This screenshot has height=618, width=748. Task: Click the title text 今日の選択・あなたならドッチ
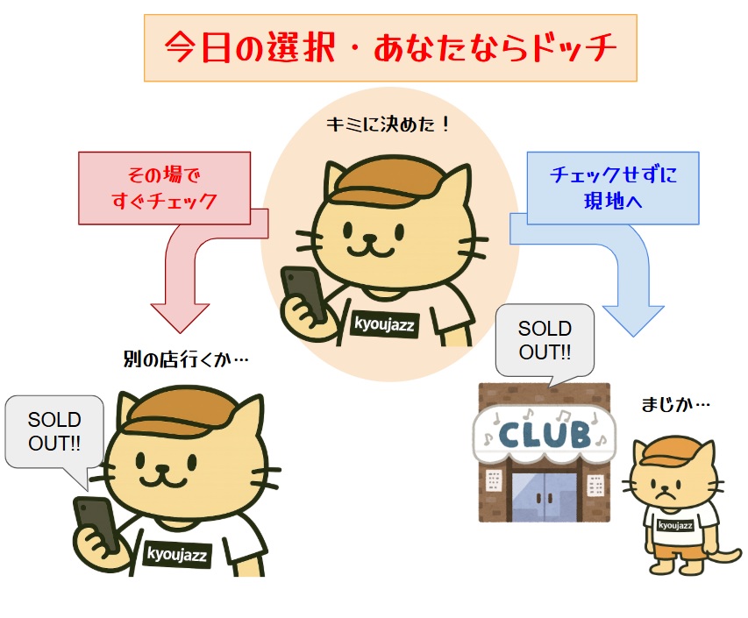pos(390,47)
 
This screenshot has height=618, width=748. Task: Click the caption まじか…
pos(676,405)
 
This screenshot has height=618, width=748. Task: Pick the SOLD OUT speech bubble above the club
pos(544,341)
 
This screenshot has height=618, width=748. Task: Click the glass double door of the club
pos(544,496)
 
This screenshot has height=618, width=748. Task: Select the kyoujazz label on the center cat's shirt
pos(385,324)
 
